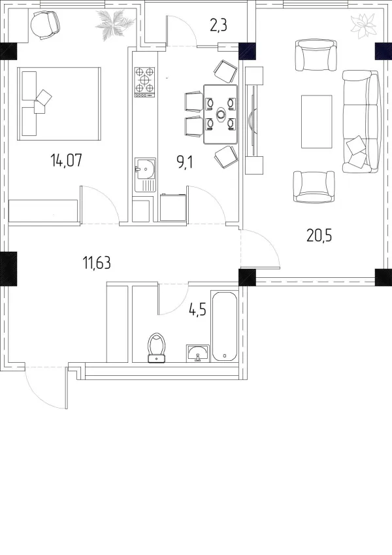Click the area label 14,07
67,160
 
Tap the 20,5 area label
319,235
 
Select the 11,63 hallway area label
97,263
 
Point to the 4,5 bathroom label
197,311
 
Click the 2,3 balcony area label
218,26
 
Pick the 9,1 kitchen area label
184,163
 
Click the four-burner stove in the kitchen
145,82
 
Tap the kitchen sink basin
145,169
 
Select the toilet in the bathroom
157,348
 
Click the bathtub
225,326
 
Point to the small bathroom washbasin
198,354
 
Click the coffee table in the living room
317,122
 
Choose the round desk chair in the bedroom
45,24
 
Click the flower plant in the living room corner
364,26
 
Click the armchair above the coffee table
316,56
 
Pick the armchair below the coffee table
314,187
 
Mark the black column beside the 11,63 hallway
8,269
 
